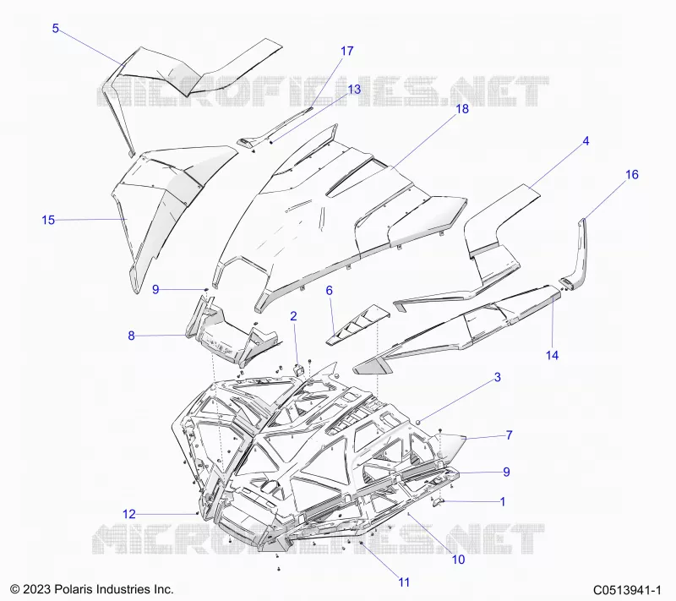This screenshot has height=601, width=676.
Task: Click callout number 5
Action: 55,29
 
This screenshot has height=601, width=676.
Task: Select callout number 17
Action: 346,51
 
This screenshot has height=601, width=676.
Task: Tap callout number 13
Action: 354,90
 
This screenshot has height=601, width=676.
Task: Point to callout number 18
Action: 461,109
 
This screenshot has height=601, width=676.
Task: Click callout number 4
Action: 586,141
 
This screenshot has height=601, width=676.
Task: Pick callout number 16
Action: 631,175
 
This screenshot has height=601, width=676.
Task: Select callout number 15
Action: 48,220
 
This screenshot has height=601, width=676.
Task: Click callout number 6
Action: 329,291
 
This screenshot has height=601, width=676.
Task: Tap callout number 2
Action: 293,316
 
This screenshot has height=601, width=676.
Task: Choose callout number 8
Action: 131,336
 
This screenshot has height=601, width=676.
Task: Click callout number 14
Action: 552,355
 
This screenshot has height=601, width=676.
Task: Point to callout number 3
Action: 497,377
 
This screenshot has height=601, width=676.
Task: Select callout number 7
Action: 509,435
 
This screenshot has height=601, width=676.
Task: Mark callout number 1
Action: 502,501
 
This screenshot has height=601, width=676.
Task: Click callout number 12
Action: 129,514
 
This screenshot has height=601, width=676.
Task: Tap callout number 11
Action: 404,582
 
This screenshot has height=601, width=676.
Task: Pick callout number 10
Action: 458,560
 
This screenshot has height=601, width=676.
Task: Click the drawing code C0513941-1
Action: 627,590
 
